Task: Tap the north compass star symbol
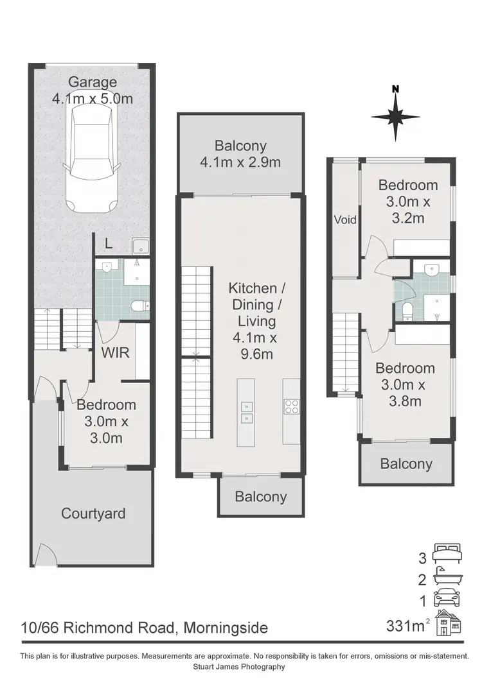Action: point(395,116)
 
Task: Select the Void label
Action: point(344,220)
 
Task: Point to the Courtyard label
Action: point(93,513)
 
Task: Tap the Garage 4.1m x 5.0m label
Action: point(93,91)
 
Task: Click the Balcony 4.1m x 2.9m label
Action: point(240,153)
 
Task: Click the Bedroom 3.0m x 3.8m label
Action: point(406,385)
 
